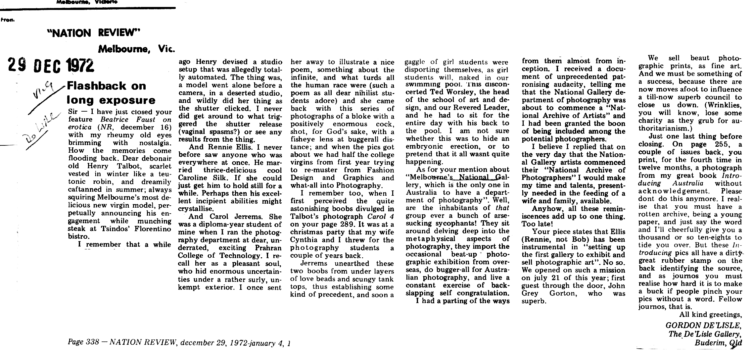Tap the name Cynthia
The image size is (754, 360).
[x=304, y=240]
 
